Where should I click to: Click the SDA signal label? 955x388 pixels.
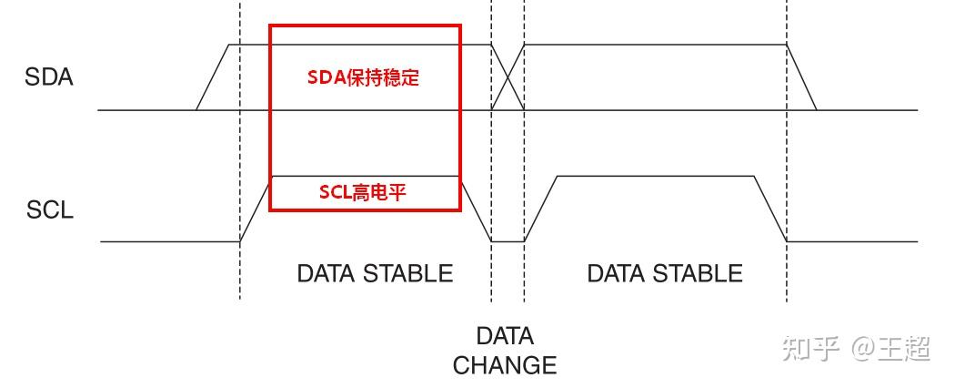coord(48,77)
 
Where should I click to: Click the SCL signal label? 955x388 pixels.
coord(49,209)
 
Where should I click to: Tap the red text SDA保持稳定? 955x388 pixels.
coord(363,77)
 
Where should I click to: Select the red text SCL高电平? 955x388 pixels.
coord(362,191)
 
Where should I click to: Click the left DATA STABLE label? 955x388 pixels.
coord(375,272)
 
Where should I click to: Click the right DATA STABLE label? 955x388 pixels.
coord(665,272)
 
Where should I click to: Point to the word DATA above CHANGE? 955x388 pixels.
coord(505,335)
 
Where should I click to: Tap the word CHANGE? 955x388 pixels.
coord(505,365)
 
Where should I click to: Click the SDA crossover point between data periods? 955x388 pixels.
coord(508,78)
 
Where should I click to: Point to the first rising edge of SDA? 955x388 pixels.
coord(212,78)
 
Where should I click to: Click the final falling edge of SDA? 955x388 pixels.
coord(801,78)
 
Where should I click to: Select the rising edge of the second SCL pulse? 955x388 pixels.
coord(540,209)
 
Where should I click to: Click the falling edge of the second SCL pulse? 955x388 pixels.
coord(770,209)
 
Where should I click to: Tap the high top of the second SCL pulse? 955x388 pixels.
coord(655,176)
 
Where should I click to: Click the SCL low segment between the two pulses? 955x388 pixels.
coord(508,241)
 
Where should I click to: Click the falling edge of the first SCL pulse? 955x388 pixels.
coord(476,209)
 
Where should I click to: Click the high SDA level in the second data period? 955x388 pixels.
coord(655,45)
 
